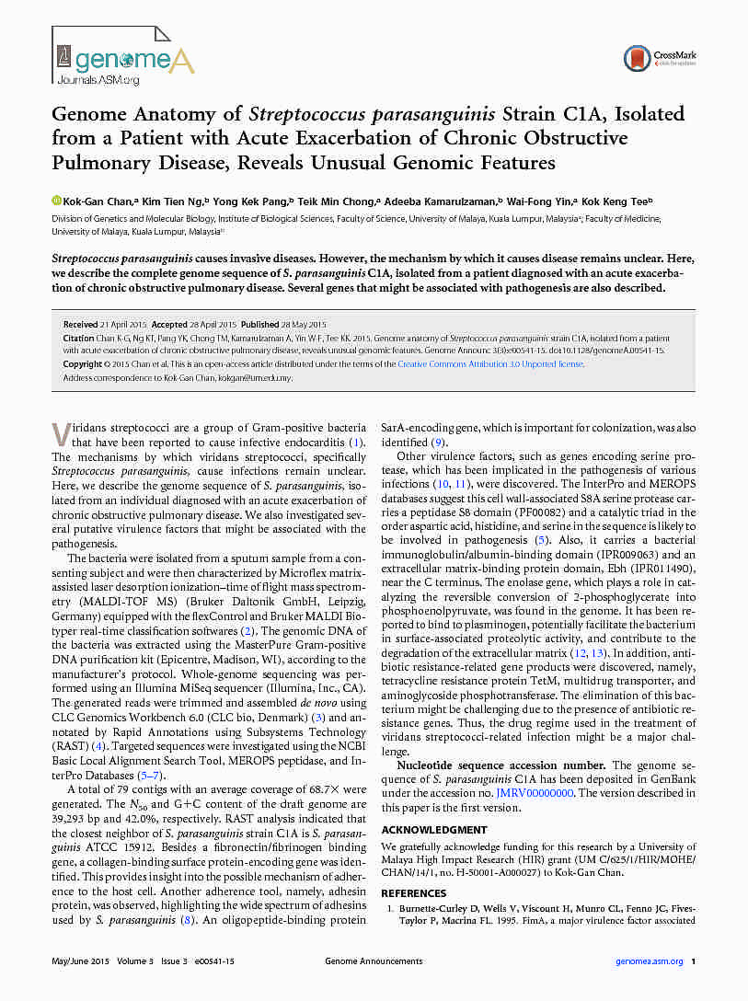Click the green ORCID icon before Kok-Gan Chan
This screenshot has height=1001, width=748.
[55, 201]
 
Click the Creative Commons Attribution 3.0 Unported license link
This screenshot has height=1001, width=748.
[489, 364]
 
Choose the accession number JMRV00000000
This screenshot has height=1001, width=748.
[535, 793]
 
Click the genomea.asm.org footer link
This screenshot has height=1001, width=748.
[649, 961]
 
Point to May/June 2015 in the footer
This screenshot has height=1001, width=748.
[79, 961]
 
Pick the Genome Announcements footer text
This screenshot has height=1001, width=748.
[374, 961]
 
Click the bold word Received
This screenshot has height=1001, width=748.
[80, 325]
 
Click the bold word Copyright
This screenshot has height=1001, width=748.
[83, 364]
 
